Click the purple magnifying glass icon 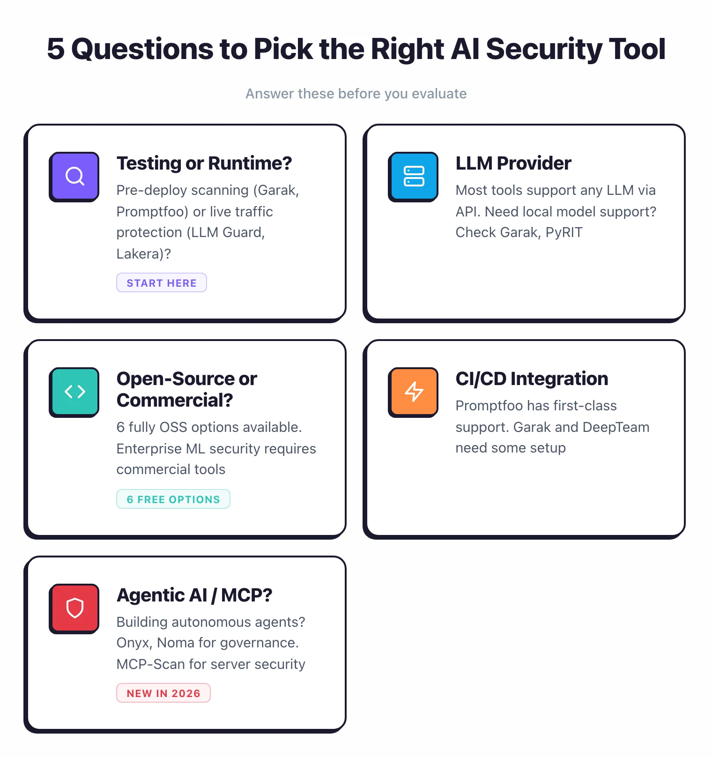coord(74,176)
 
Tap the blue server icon coord(414,176)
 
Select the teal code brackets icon coord(74,392)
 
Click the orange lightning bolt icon coord(414,392)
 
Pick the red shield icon coord(74,608)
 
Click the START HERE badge coord(162,283)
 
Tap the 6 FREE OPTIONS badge coord(173,499)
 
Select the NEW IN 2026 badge coord(163,693)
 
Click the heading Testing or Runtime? coord(204,163)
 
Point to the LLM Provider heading coord(513,163)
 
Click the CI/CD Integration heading coord(532,379)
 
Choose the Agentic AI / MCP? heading coord(194,595)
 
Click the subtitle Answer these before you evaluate coord(356,94)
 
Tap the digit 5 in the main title coord(56,49)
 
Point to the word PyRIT coord(564,233)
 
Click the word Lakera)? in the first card coord(144,254)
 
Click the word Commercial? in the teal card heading coord(175,401)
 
